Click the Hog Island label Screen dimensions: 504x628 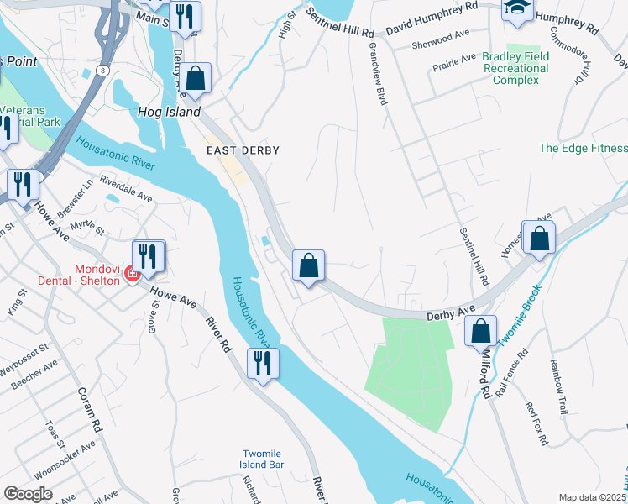point(169,112)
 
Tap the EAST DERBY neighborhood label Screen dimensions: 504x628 point(243,150)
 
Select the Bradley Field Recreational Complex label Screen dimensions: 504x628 point(515,68)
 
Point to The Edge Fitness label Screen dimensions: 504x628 point(583,148)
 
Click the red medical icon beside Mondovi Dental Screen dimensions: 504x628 point(130,274)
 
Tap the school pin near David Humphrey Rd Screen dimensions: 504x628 point(516,9)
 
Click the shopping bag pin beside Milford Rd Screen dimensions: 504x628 point(482,331)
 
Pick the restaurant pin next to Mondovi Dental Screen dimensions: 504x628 point(149,256)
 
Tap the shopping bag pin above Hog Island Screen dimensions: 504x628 point(196,79)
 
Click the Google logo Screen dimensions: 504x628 point(28,493)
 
